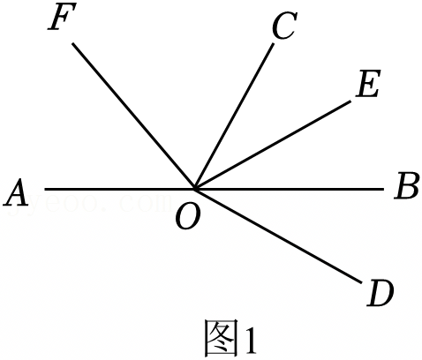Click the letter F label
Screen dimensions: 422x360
point(63,17)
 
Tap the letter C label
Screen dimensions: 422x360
point(284,26)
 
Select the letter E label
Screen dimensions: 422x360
point(368,84)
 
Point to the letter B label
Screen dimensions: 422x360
point(406,186)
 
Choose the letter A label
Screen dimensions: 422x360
point(16,191)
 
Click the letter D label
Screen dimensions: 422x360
point(380,293)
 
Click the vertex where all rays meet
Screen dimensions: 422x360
point(194,189)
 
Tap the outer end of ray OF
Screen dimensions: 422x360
point(72,43)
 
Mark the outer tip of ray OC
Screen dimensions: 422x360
point(273,44)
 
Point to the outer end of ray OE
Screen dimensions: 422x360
point(350,101)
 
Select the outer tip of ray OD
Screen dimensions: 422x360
point(362,282)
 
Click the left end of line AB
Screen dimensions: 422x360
point(45,189)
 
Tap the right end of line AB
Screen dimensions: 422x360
point(384,189)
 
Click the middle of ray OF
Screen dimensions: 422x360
point(133,116)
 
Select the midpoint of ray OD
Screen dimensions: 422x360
point(278,236)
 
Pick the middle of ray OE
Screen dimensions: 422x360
point(273,145)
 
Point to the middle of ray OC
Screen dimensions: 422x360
point(234,116)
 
